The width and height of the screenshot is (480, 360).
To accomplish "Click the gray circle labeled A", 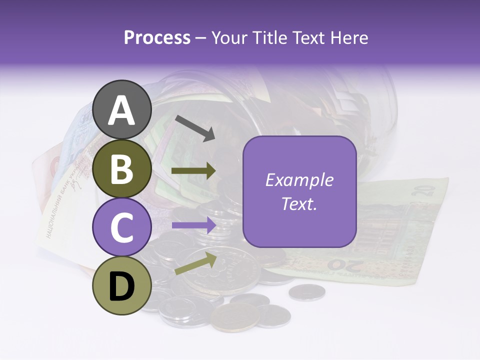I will [x=122, y=110].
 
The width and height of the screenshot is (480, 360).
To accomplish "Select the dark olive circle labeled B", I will [x=122, y=169].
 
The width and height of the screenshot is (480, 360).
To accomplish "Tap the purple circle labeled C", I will [x=122, y=227].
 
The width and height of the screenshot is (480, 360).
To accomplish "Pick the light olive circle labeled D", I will [x=122, y=286].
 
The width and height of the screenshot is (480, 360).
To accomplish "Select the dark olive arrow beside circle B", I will [x=194, y=171].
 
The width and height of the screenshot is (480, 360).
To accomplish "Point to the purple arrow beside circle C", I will [x=194, y=225].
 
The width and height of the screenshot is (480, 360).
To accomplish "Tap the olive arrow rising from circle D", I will [x=196, y=263].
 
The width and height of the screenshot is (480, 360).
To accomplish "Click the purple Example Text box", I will [x=299, y=191].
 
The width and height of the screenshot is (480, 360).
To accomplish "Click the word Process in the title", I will [x=157, y=37].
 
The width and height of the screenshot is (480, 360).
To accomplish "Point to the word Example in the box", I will [x=299, y=180].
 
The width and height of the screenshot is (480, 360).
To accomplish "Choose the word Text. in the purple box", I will [x=299, y=203].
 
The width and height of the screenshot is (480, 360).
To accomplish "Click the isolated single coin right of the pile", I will [x=306, y=292].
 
